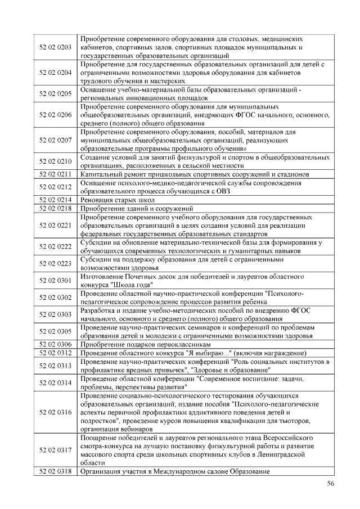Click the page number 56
(330, 484)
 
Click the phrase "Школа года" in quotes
(132, 285)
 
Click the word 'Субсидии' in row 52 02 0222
(97, 242)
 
